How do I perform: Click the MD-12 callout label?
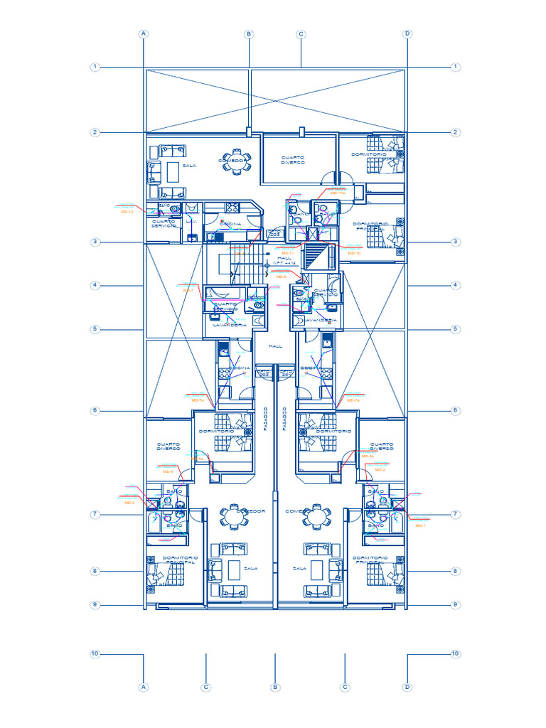(x=127, y=212)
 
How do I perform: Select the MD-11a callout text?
(x=338, y=193)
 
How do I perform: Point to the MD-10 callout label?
(x=354, y=253)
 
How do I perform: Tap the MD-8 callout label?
(x=282, y=277)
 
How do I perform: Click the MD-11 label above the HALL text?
(x=287, y=253)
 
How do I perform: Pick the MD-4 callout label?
(x=168, y=472)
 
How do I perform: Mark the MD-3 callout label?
(x=129, y=503)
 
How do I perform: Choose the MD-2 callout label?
(x=380, y=470)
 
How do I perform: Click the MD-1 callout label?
(x=419, y=525)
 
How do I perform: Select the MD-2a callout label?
(x=367, y=456)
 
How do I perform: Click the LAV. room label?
(x=191, y=222)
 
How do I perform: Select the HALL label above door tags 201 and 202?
(x=275, y=346)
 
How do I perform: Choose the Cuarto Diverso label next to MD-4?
(x=168, y=446)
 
